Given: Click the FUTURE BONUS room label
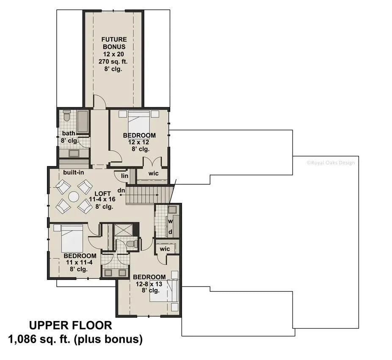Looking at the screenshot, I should pos(114,42).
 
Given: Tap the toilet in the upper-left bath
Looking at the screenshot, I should pos(66,116).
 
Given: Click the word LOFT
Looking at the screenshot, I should pos(102,194).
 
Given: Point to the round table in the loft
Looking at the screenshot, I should pos(74,197).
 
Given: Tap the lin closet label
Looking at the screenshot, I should pos(124,176).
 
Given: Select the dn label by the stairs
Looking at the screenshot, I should pos(121,191).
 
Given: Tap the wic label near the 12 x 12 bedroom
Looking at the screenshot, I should pos(153,173).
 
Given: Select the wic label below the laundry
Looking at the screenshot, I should pos(165,249).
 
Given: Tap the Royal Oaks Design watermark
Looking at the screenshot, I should pos(330,163).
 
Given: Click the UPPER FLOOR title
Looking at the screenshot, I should pos(71,325).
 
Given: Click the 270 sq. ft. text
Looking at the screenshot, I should pos(114,62).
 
